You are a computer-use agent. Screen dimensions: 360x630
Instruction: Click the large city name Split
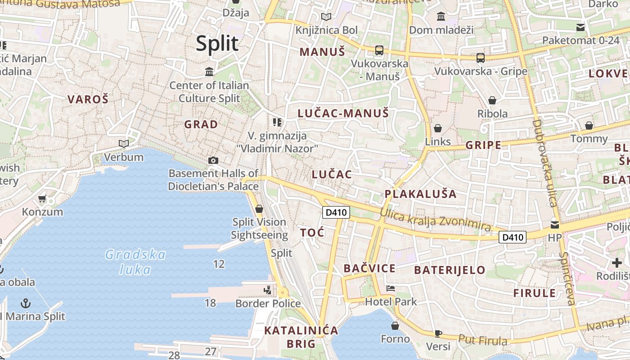(x=217, y=44)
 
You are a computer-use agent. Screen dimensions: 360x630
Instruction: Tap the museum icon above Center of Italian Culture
(x=209, y=72)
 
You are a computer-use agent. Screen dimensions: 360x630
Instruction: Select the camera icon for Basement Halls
(x=213, y=160)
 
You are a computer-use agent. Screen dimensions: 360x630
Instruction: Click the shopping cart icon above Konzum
(x=42, y=198)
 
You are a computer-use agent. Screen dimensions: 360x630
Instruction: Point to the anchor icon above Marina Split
(x=26, y=303)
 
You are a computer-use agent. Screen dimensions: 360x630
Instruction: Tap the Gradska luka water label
(x=135, y=262)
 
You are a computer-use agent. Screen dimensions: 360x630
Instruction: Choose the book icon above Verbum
(x=124, y=144)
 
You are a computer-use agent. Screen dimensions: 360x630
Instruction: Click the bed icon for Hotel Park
(x=391, y=288)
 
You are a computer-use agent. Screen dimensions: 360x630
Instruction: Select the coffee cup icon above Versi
(x=438, y=333)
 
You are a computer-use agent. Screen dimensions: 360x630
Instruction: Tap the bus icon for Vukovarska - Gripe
(x=481, y=58)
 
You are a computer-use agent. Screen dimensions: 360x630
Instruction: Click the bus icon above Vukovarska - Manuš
(x=379, y=50)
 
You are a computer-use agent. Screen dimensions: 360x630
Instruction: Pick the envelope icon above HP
(x=555, y=224)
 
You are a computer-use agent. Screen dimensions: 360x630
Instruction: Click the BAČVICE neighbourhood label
(x=369, y=269)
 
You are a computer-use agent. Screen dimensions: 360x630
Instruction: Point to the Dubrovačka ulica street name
(x=544, y=162)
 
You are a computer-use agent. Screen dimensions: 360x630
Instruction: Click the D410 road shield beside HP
(x=513, y=237)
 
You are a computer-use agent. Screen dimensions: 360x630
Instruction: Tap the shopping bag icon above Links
(x=438, y=128)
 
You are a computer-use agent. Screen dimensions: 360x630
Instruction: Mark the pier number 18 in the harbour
(x=210, y=303)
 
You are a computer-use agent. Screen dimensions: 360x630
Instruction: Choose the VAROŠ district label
(x=88, y=99)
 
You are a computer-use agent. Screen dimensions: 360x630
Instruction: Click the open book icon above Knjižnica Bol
(x=326, y=17)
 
